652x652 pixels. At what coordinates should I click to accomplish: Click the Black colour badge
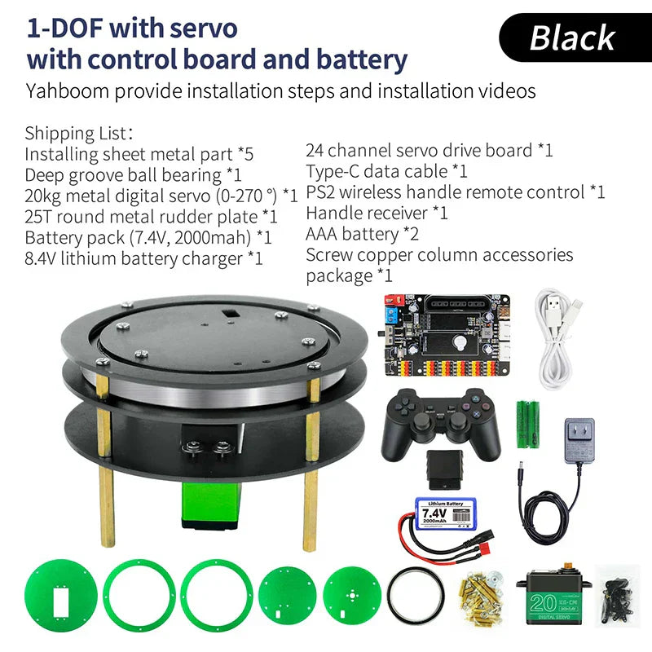click(573, 37)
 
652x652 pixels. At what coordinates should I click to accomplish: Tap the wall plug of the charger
click(580, 441)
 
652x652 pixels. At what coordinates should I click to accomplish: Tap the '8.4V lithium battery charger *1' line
click(143, 259)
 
